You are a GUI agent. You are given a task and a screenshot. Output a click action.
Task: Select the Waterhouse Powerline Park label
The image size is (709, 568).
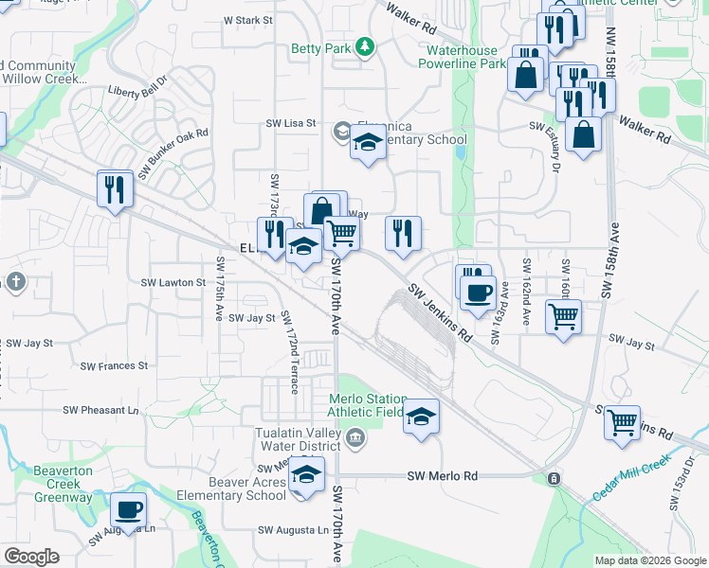tap(466, 56)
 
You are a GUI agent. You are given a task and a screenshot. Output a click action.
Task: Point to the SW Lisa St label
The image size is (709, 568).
tap(290, 124)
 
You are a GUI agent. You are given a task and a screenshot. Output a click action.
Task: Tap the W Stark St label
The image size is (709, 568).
tap(246, 20)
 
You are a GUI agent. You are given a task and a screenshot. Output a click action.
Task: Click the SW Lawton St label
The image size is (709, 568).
tap(173, 282)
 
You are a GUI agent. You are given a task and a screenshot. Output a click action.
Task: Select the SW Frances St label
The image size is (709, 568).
tap(114, 365)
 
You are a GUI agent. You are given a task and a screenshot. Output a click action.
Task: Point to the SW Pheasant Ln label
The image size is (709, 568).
tap(100, 410)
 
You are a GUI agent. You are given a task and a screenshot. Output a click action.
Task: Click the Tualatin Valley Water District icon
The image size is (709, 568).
tap(354, 436)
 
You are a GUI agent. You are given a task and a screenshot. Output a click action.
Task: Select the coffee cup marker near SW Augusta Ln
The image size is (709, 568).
tap(128, 509)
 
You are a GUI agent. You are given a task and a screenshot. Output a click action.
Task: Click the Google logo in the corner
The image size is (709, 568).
tap(31, 557)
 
